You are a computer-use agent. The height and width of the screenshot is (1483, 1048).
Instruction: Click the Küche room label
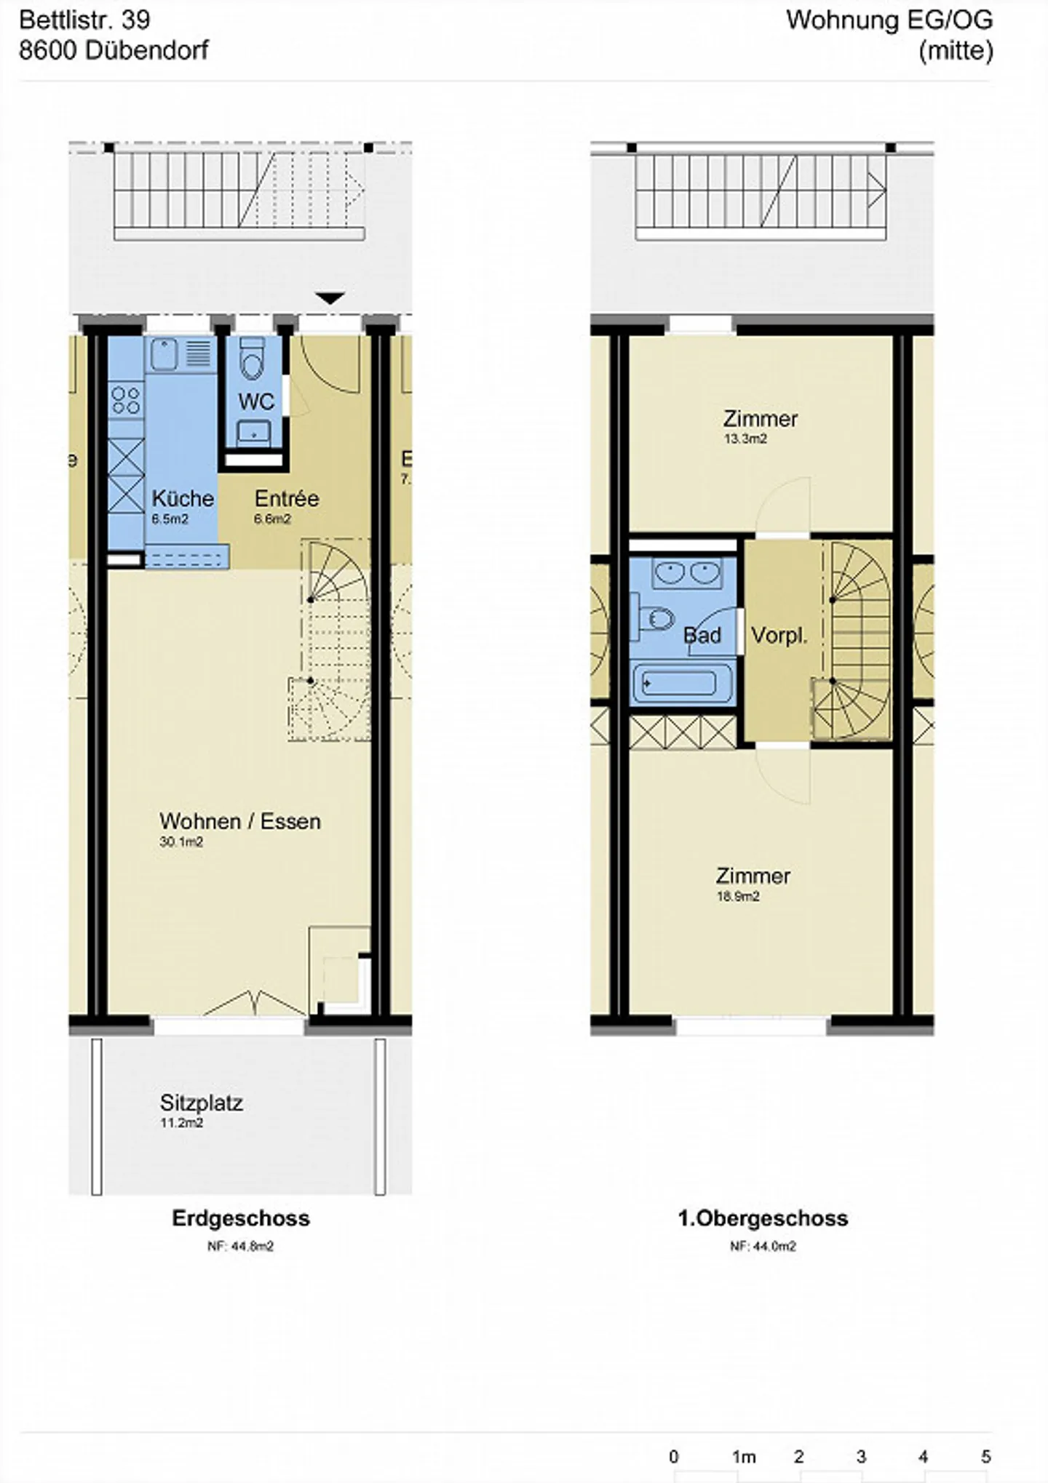click(x=183, y=498)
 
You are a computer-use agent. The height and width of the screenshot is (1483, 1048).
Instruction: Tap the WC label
click(x=256, y=401)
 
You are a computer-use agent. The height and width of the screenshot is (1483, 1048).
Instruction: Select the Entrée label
click(x=287, y=498)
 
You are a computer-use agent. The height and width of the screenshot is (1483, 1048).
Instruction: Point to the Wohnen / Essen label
click(x=240, y=821)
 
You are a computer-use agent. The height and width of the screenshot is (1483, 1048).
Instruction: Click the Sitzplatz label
click(x=202, y=1103)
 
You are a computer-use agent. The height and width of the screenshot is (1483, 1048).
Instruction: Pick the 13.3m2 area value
click(x=745, y=439)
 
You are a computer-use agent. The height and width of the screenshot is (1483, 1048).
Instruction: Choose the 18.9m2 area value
click(x=738, y=896)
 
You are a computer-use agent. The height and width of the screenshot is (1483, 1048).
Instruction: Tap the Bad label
click(x=702, y=635)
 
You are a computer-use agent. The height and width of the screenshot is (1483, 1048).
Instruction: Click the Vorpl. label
click(x=779, y=636)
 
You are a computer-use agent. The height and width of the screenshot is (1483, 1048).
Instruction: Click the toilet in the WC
click(x=253, y=358)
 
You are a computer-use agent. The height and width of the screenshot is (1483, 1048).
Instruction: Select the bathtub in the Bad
click(x=681, y=684)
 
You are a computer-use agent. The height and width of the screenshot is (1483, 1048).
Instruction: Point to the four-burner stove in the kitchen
click(x=126, y=399)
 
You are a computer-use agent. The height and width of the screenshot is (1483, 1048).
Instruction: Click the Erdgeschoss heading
click(x=241, y=1218)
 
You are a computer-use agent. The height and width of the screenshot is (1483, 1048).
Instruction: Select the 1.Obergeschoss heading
click(x=763, y=1218)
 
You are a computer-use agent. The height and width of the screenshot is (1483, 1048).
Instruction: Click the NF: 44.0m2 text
click(x=763, y=1246)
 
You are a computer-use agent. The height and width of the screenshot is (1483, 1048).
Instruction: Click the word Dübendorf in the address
click(x=147, y=50)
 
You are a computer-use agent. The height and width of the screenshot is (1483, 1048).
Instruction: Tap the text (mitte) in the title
click(x=956, y=51)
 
